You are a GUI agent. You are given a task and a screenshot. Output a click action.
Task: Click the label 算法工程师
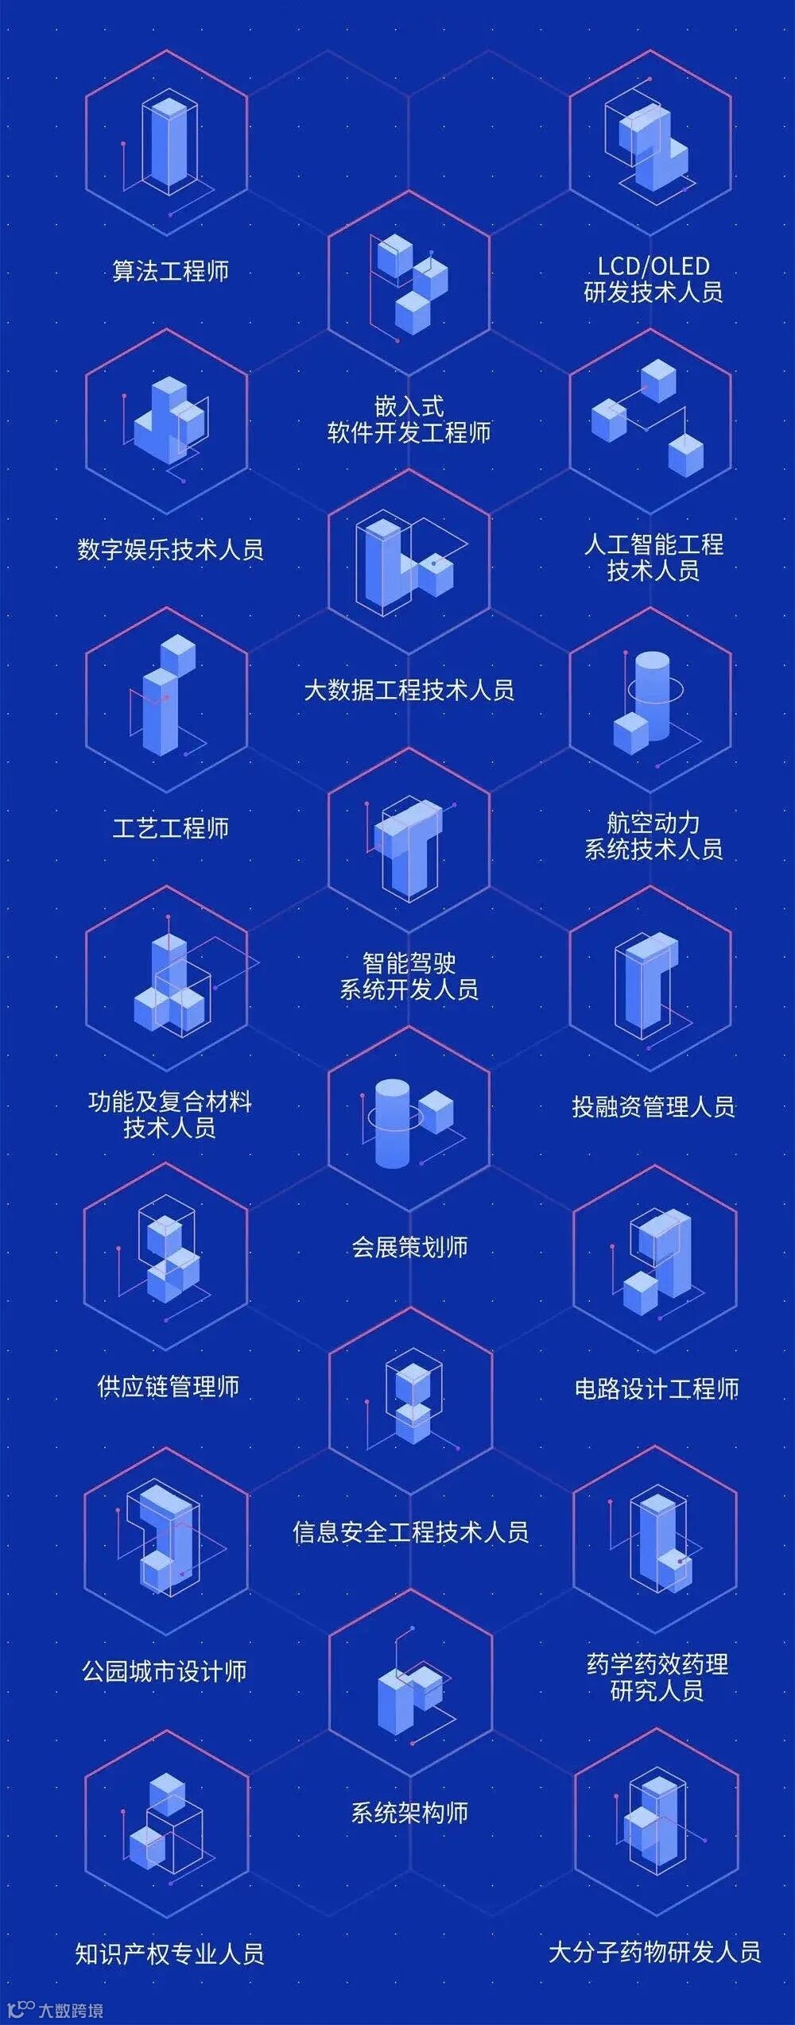tap(170, 272)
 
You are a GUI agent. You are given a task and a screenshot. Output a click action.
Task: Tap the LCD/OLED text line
tap(653, 266)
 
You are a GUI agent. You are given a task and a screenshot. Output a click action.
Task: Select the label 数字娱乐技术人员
tap(170, 550)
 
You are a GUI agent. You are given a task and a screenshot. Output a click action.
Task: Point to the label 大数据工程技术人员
tap(409, 690)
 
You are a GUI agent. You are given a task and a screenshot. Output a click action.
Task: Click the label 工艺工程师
tap(170, 829)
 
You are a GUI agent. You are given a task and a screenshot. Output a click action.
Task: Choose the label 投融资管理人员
tap(653, 1107)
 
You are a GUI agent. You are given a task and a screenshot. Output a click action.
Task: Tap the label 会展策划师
tap(409, 1247)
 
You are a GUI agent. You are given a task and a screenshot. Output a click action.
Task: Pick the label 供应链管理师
tap(168, 1387)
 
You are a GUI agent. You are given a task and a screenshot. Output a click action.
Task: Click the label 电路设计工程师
tap(657, 1388)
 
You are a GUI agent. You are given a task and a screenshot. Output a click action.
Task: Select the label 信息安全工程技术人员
tap(410, 1531)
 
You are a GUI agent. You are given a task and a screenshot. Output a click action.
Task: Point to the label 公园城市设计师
tap(165, 1671)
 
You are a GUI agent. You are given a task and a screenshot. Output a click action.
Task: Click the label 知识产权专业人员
tap(169, 1953)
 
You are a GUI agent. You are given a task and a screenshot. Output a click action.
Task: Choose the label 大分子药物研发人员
tap(654, 1952)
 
